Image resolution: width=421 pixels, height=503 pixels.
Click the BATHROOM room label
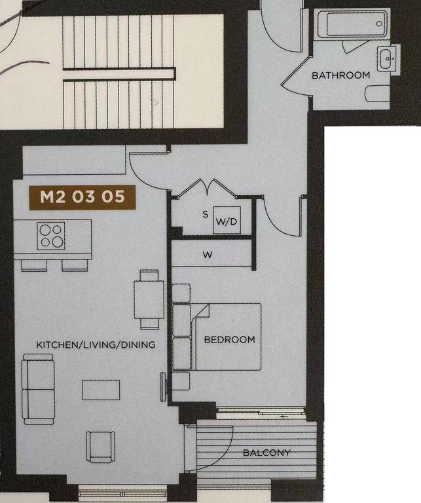pos(340,75)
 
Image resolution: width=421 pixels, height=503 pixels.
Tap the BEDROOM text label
pos(229,340)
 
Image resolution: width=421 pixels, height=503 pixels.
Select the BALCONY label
pos(266,453)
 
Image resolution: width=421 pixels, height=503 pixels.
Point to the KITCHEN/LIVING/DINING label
pos(96,345)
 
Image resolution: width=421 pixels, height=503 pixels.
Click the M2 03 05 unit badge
pos(82,197)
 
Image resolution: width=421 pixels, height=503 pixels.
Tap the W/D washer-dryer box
pos(226,222)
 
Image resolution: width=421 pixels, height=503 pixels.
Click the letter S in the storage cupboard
pos(205,214)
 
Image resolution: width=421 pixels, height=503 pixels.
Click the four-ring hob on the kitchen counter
pos(52,236)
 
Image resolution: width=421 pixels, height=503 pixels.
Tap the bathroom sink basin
pos(386,58)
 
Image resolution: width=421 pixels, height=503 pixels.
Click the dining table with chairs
pos(149,299)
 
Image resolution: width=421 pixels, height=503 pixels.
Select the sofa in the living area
pos(37,388)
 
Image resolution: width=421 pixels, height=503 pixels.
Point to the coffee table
pos(101,390)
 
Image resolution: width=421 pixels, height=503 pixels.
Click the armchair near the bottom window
pos(100,447)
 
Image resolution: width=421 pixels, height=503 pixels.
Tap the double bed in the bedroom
pos(223,337)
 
